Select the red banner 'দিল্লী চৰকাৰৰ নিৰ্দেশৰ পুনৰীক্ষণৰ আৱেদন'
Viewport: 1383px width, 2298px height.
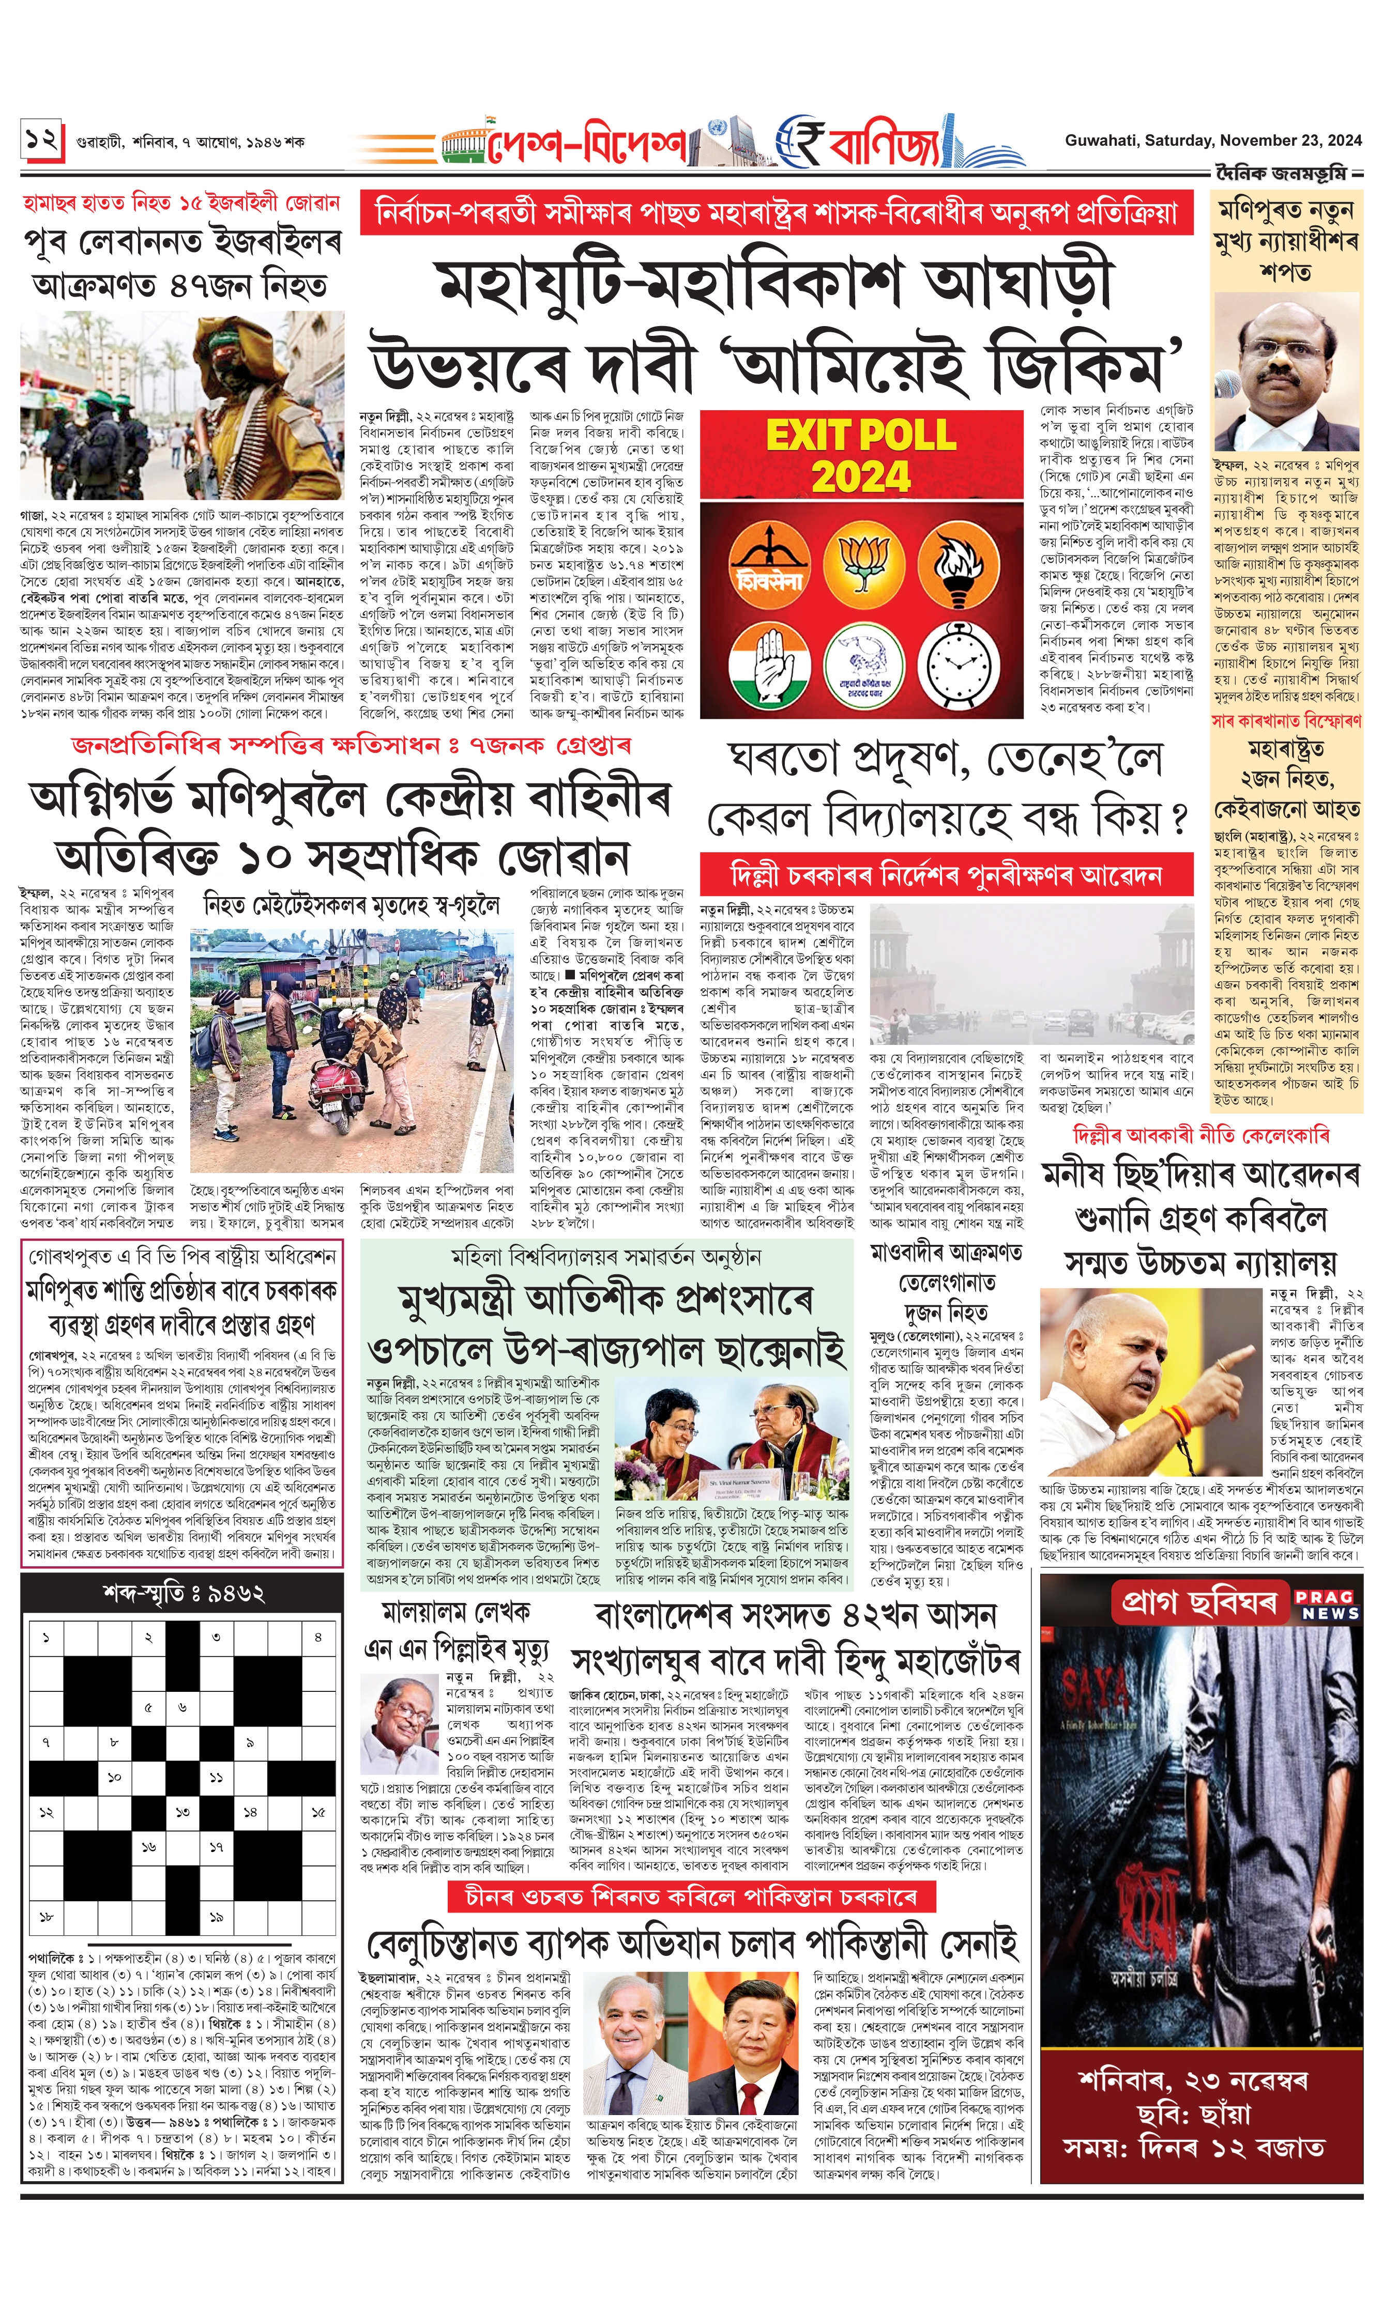click(x=946, y=875)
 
